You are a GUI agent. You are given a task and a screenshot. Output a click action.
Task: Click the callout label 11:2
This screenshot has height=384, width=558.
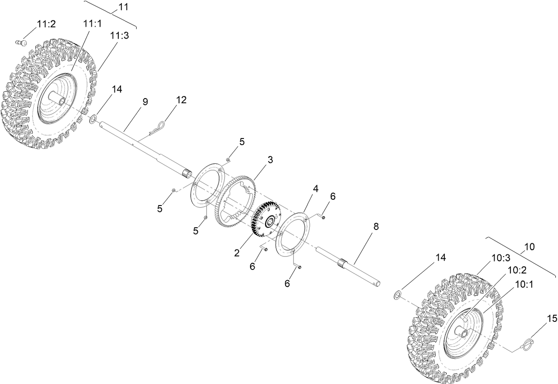[46, 24]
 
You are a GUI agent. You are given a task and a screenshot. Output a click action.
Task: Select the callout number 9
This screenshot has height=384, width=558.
[145, 102]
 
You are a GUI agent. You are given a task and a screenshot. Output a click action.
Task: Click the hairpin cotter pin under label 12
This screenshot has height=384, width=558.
[157, 127]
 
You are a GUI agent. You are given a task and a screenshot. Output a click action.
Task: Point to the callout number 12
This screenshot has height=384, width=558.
[181, 100]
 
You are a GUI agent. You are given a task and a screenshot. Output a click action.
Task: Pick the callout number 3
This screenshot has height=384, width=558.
[270, 159]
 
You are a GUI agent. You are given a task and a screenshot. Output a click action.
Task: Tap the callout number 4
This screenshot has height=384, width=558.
[315, 189]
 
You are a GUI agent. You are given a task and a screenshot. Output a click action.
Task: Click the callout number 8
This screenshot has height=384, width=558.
[376, 226]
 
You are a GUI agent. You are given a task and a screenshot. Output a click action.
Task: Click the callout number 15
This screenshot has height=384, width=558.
[551, 318]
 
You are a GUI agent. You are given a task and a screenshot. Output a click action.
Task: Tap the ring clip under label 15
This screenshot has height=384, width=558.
[527, 344]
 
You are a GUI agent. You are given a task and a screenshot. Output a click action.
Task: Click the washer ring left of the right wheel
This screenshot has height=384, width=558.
[398, 295]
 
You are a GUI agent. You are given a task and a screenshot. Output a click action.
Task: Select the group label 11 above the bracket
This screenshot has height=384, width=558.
[123, 7]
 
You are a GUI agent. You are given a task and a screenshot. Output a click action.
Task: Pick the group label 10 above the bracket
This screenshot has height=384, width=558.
[529, 246]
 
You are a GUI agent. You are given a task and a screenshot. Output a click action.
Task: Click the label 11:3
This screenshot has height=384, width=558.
[120, 36]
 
